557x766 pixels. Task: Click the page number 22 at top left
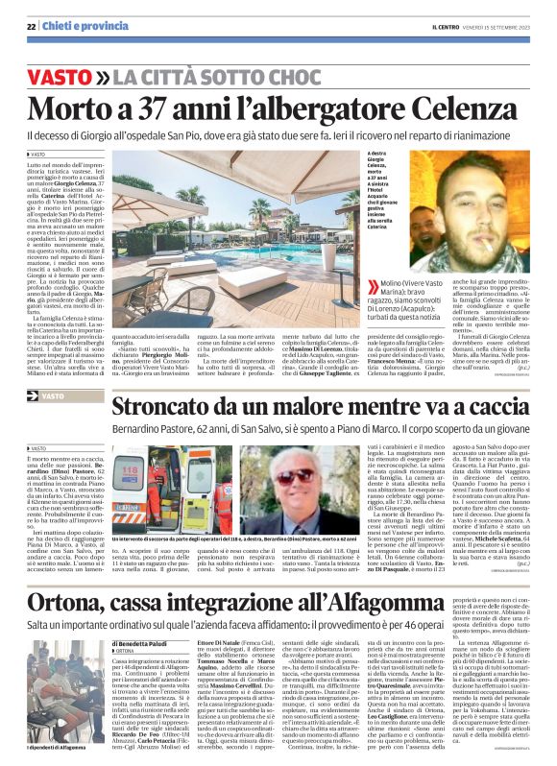tap(32, 28)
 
